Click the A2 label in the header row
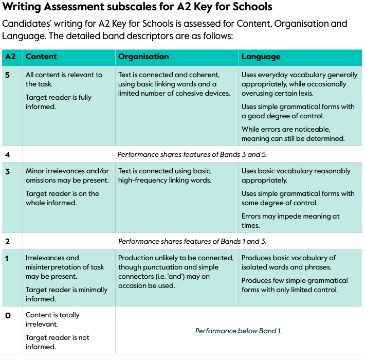tap(10, 57)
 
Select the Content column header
tap(41, 57)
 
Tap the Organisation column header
tap(143, 57)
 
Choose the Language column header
tap(261, 57)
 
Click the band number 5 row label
tap(7, 75)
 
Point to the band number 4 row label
tap(7, 154)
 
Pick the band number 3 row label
tap(7, 171)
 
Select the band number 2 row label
tap(7, 241)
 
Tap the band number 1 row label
tap(7, 258)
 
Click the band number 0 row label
tap(8, 315)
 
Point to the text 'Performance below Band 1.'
tap(239, 331)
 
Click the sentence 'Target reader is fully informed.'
tap(59, 102)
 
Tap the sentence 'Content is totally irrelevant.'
tap(52, 320)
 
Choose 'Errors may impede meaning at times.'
tap(290, 221)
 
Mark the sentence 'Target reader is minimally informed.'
tap(66, 294)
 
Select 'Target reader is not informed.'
tap(57, 342)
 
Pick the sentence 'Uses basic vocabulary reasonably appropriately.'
tap(296, 176)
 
